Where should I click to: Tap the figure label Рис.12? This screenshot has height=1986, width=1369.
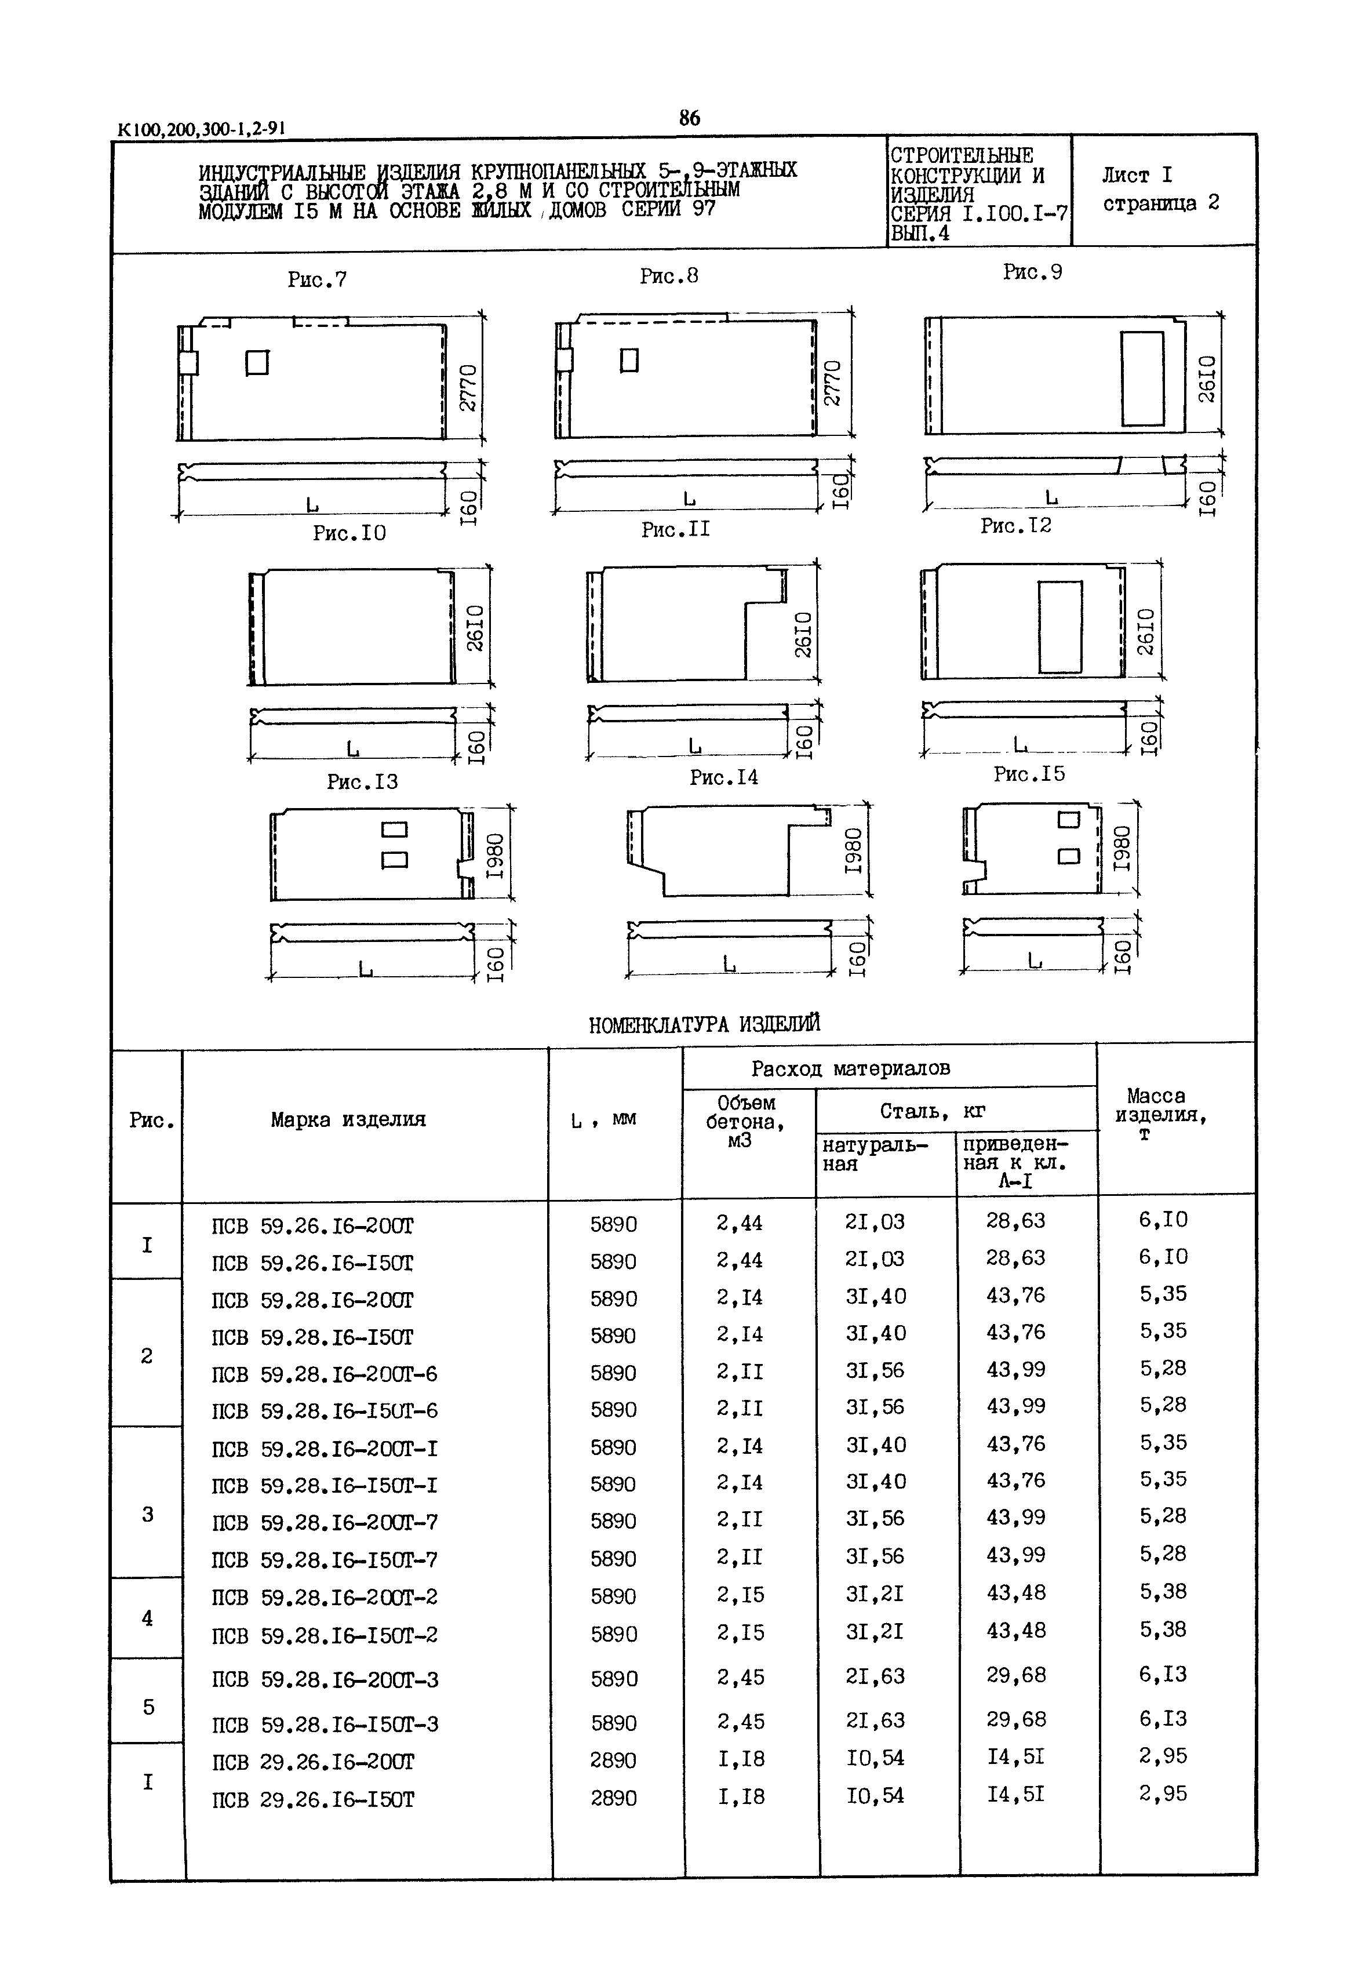coord(1015,525)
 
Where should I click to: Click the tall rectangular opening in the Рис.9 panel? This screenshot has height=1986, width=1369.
coord(1142,379)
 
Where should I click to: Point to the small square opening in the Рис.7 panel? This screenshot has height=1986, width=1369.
coord(257,363)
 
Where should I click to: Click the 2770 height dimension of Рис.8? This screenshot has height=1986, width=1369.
coord(833,383)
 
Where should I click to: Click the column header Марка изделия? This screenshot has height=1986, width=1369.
coord(348,1119)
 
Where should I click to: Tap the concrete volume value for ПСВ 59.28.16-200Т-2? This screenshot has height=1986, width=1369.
coord(740,1595)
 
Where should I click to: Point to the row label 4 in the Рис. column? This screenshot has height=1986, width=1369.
coord(148,1618)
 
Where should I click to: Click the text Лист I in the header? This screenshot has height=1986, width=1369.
coord(1137,175)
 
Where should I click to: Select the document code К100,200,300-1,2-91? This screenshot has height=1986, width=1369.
coord(201,129)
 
